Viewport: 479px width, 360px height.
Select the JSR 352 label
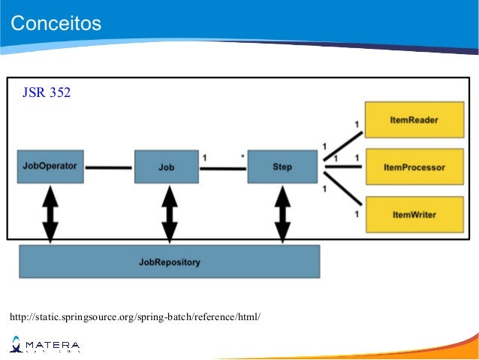47,93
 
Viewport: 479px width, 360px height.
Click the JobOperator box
50,166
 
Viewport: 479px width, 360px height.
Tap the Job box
167,167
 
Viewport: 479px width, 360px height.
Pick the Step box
282,167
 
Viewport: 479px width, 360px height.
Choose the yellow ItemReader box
414,120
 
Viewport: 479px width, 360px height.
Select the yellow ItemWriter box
414,214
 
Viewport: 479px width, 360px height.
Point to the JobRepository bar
170,262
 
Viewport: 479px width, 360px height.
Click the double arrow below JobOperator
50,213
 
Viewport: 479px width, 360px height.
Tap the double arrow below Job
169,213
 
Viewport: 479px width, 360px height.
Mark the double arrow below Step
282,213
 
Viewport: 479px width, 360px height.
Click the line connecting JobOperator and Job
109,167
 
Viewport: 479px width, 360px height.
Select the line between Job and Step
223,168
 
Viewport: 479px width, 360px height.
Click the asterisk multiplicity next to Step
242,157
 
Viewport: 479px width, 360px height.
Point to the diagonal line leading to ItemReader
344,147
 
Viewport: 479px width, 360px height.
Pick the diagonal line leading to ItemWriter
344,189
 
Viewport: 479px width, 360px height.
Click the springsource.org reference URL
135,316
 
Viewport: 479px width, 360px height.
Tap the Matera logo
44,346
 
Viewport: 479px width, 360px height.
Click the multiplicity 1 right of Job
205,157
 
